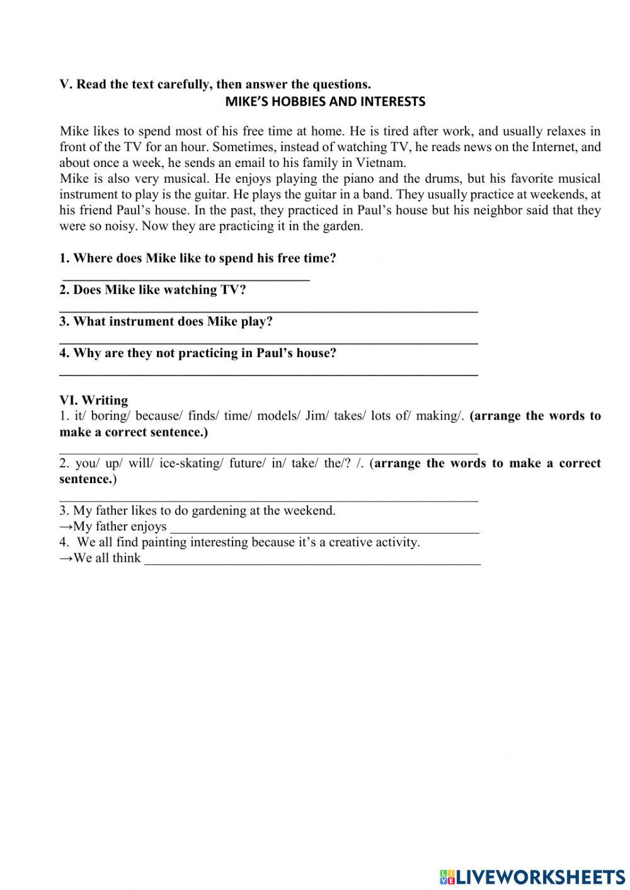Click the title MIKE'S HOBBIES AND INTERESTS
[x=325, y=101]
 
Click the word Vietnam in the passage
[x=382, y=163]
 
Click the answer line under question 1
[x=186, y=278]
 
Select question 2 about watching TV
[x=152, y=290]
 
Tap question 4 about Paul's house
[x=198, y=353]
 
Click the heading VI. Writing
[x=93, y=400]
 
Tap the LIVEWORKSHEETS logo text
[x=541, y=876]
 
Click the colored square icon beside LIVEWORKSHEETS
[x=447, y=876]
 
